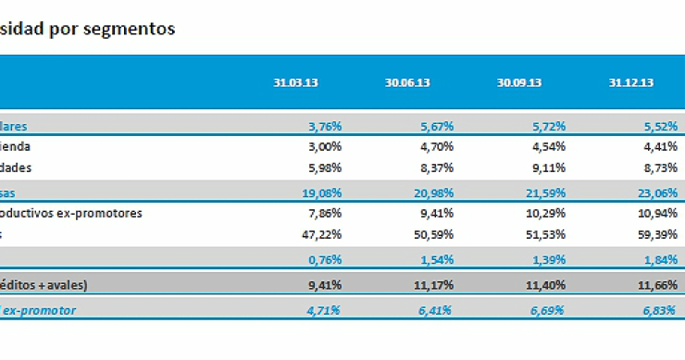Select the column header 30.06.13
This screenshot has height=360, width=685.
pyautogui.click(x=407, y=82)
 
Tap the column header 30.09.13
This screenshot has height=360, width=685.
pyautogui.click(x=519, y=82)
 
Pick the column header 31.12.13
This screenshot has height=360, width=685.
pyautogui.click(x=631, y=82)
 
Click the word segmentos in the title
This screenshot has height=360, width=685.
pyautogui.click(x=128, y=29)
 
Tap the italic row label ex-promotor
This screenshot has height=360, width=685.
pyautogui.click(x=39, y=310)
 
